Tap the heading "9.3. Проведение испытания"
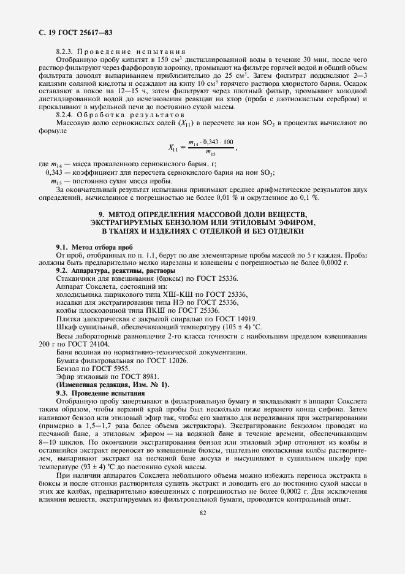[100, 392]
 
